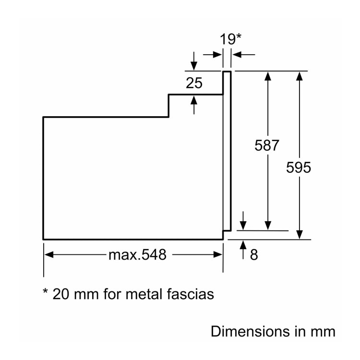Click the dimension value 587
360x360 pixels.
pyautogui.click(x=267, y=145)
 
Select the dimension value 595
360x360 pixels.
pyautogui.click(x=299, y=168)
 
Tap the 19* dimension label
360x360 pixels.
pyautogui.click(x=230, y=39)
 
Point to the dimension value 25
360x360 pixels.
pyautogui.click(x=194, y=83)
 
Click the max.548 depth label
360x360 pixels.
pyautogui.click(x=137, y=254)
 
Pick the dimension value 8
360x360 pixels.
pyautogui.click(x=254, y=255)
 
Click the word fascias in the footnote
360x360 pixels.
pyautogui.click(x=191, y=294)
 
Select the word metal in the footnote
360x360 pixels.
pyautogui.click(x=144, y=294)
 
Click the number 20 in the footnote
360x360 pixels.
pyautogui.click(x=60, y=294)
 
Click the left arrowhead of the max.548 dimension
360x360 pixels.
pyautogui.click(x=49, y=254)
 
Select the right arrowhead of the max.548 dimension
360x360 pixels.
pyautogui.click(x=218, y=254)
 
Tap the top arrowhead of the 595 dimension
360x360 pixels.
pyautogui.click(x=299, y=76)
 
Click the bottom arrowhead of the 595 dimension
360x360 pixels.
pyautogui.click(x=299, y=235)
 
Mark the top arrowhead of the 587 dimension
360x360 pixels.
pyautogui.click(x=268, y=76)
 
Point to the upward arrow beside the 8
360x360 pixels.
pyautogui.click(x=243, y=250)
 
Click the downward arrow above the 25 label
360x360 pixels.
pyautogui.click(x=194, y=61)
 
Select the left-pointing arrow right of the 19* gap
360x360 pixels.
pyautogui.click(x=243, y=55)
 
